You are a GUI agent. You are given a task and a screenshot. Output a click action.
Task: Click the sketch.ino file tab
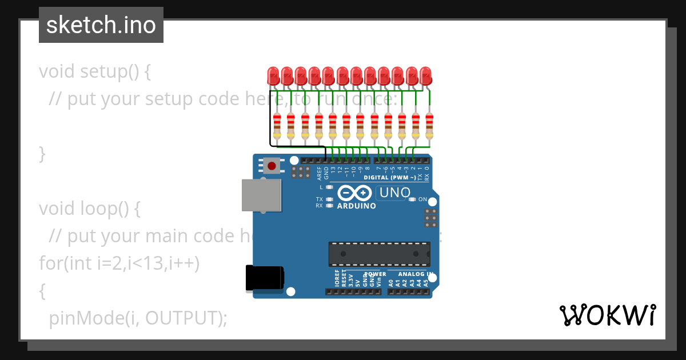point(101,25)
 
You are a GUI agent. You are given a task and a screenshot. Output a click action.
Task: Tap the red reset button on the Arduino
point(272,166)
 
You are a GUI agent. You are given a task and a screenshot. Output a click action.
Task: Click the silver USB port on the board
point(261,195)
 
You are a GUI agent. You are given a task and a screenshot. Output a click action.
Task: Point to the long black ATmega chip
point(379,254)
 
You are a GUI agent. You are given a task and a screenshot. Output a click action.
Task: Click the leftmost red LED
point(273,75)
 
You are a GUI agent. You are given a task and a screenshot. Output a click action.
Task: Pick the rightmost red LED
point(425,75)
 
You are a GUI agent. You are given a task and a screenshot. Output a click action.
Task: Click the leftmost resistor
point(277,126)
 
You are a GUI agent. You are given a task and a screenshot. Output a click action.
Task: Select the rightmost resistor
point(429,126)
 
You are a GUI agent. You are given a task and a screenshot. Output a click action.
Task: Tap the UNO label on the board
point(395,193)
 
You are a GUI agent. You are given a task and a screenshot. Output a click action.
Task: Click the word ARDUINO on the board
point(357,206)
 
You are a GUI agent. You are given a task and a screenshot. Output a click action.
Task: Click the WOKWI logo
point(607,315)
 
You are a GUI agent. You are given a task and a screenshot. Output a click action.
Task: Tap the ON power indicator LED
point(413,199)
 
